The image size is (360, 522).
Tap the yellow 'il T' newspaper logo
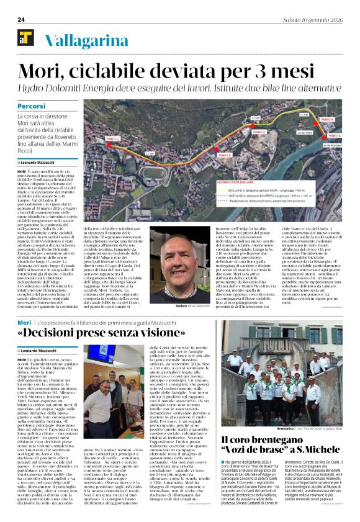26,38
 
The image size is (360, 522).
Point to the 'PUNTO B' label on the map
328,119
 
